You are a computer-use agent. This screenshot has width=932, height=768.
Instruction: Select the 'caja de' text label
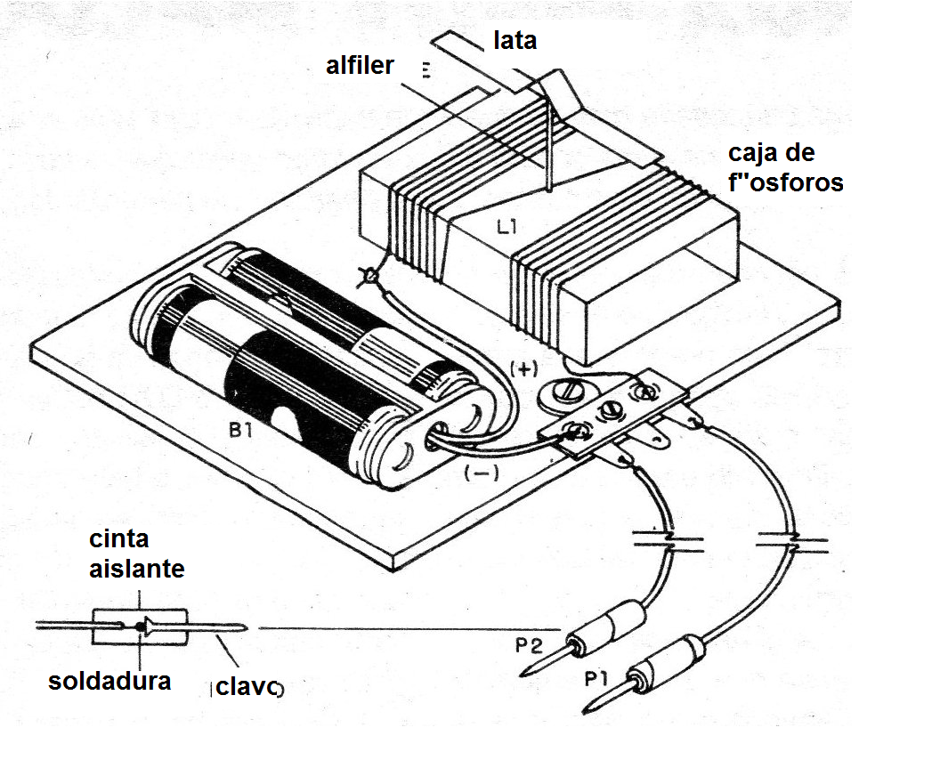tap(771, 152)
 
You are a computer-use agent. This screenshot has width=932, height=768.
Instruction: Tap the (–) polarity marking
tap(481, 473)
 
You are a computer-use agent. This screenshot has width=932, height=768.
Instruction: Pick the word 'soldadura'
tap(109, 682)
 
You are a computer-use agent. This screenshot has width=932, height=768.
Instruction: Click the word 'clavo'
tap(248, 688)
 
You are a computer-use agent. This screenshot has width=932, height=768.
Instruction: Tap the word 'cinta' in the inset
tap(118, 539)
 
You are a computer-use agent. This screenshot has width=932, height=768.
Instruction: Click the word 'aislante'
tap(136, 569)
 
